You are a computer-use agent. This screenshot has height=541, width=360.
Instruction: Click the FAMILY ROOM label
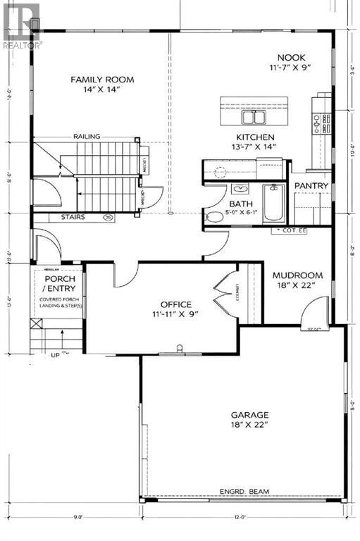coord(102,80)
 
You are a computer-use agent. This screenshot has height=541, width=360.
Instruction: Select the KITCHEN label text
coord(255,137)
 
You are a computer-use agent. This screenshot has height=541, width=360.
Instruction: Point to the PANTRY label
coord(311,185)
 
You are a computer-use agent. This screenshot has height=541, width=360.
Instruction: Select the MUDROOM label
coord(297,275)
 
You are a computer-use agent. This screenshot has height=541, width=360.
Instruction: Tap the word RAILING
coord(86,137)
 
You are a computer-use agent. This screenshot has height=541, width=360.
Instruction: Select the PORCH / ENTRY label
coord(54,284)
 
